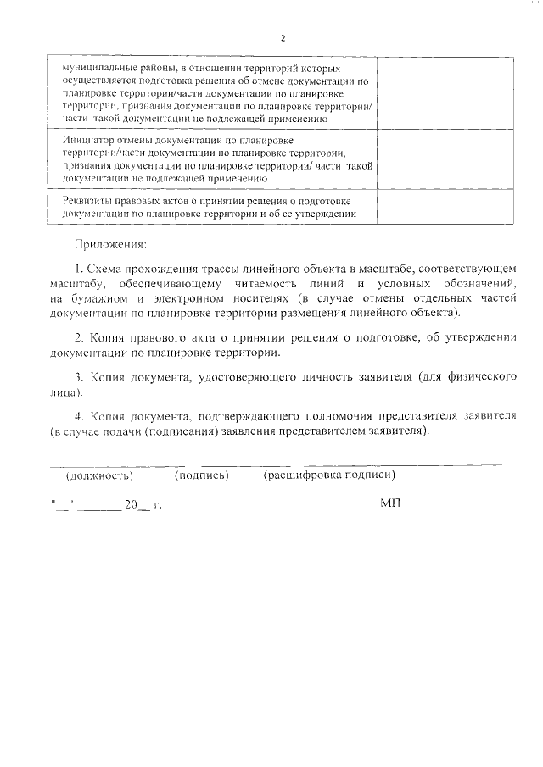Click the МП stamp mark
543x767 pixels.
coord(390,503)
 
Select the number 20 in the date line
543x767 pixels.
coord(130,504)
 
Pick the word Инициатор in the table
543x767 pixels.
coord(89,139)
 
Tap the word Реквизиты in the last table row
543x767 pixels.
coord(91,200)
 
